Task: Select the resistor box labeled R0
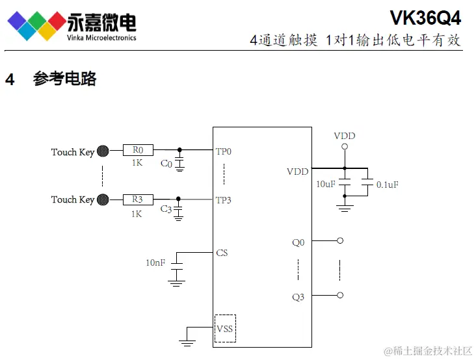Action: pos(138,151)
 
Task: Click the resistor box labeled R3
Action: pos(138,199)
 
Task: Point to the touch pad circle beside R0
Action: pos(103,151)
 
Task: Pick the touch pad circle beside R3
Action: pos(103,199)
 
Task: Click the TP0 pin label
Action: pos(224,151)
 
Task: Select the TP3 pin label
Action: pos(224,200)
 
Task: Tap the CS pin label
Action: pos(222,252)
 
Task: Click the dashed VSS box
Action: pos(225,328)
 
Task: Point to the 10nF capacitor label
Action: pos(155,263)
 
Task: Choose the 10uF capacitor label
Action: pos(326,185)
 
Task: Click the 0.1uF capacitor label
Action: pos(388,185)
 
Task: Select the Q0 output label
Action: pos(298,242)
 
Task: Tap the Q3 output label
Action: pos(298,297)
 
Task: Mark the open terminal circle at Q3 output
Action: pos(339,296)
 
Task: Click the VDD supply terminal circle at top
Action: pos(345,147)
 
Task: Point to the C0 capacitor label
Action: pos(166,164)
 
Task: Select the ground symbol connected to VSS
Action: pos(187,339)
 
